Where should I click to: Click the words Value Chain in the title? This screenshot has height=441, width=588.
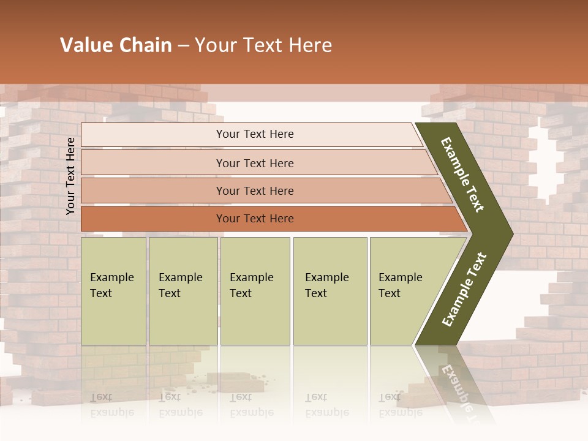pos(116,45)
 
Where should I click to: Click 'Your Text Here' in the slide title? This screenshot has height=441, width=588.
pos(263,45)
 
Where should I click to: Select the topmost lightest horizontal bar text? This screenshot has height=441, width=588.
pos(255,134)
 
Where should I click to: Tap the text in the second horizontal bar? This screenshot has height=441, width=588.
pos(255,163)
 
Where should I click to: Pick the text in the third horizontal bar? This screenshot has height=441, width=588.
pos(255,191)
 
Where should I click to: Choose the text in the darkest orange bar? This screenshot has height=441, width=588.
pos(255,219)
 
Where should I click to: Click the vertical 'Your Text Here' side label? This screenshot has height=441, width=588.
pos(70,176)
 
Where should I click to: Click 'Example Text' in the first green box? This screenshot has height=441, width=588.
pos(111,285)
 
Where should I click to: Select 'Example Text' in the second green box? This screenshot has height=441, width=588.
pos(180,285)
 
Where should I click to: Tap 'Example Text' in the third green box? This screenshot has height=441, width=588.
pos(251,285)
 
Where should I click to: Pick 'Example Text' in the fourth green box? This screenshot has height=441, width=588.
pos(326,285)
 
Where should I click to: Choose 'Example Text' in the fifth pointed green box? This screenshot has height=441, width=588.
pos(400,285)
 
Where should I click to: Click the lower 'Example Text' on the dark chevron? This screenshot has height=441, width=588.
pos(464,290)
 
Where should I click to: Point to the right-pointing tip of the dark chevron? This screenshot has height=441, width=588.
pos(511,234)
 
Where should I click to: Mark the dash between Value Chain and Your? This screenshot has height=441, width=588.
pos(183,46)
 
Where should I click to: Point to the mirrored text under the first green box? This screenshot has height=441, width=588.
pos(111,404)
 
